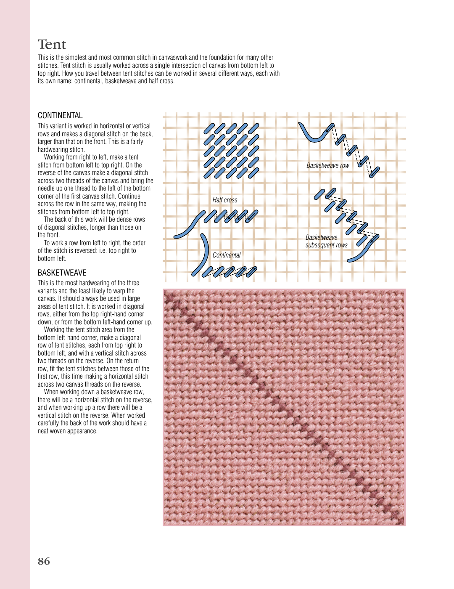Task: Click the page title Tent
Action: (x=52, y=45)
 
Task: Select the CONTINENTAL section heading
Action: (x=60, y=115)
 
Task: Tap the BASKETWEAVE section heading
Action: (x=62, y=273)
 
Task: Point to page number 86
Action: (x=44, y=561)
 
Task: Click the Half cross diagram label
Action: (x=224, y=200)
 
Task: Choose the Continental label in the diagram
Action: (x=227, y=255)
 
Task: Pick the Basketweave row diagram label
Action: (x=327, y=166)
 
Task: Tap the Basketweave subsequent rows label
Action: (x=326, y=241)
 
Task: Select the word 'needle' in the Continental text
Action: (x=47, y=188)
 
